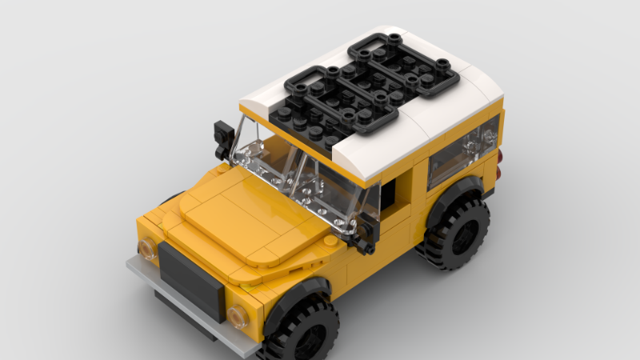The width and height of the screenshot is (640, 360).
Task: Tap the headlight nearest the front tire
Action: tap(238, 314)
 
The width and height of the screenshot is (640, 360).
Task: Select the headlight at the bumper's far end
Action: tap(148, 249)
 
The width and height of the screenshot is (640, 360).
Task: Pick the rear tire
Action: tap(458, 234)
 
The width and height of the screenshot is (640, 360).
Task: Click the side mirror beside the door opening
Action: tap(366, 229)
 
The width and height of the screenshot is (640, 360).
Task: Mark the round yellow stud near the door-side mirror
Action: tap(330, 240)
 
